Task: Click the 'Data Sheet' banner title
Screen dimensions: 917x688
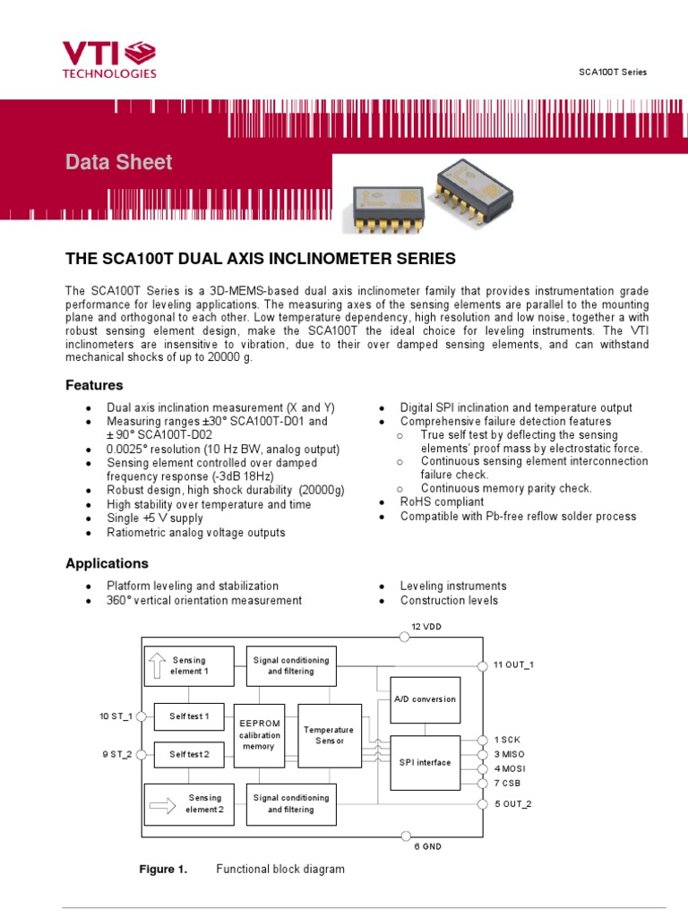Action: [118, 163]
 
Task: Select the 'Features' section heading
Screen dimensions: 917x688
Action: [94, 385]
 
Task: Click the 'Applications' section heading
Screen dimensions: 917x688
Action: [107, 564]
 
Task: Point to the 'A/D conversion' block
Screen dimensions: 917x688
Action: [425, 699]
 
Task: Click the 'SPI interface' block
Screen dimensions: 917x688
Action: [425, 762]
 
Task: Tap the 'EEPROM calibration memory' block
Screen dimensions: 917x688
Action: [259, 735]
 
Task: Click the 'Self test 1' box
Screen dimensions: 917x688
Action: [189, 716]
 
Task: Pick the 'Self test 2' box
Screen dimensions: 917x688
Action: [189, 755]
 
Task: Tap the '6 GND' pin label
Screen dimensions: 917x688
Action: [426, 846]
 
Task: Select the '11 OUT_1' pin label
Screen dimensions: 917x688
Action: [513, 665]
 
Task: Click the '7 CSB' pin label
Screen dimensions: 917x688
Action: [508, 783]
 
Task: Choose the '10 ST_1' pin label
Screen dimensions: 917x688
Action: [116, 716]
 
